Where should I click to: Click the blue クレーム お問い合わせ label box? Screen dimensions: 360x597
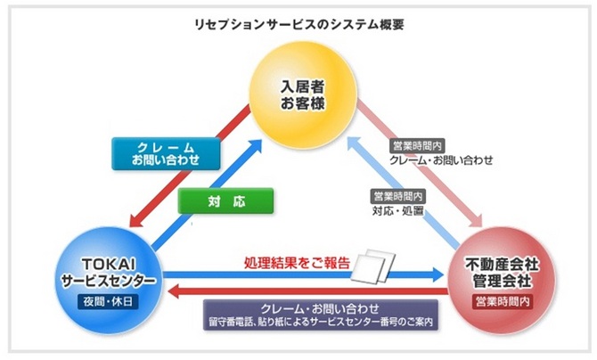[x=167, y=153]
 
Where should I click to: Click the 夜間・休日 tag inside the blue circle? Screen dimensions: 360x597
[x=108, y=301]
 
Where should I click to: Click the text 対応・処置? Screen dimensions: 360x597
[x=397, y=212]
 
